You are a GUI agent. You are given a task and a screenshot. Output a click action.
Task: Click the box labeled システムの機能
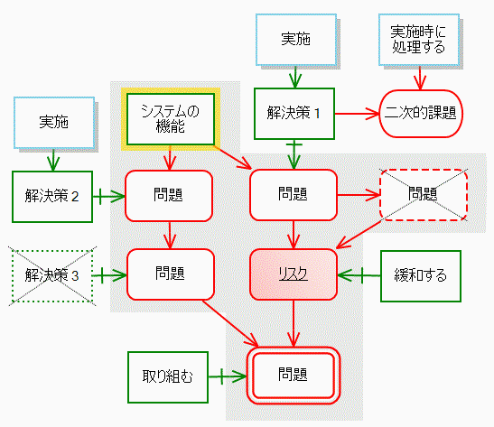click(171, 119)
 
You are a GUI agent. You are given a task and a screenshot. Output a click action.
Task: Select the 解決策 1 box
click(294, 114)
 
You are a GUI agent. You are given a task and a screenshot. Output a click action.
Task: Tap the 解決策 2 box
click(52, 197)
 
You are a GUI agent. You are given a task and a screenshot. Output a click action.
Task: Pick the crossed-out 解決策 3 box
click(52, 276)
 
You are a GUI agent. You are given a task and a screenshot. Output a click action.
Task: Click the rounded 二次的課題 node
click(421, 114)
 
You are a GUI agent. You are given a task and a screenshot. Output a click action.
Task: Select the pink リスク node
click(294, 274)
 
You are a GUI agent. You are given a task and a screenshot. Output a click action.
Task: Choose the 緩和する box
click(421, 276)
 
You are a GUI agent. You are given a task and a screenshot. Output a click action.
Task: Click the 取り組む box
click(168, 377)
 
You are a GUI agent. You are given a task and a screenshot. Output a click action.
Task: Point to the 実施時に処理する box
click(419, 40)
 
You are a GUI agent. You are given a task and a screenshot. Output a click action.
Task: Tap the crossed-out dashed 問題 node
click(424, 195)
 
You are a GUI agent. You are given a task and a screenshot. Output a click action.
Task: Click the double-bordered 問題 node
click(294, 376)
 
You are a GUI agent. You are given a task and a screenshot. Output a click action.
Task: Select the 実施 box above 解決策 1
click(296, 40)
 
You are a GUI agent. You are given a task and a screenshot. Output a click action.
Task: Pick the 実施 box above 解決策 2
click(54, 123)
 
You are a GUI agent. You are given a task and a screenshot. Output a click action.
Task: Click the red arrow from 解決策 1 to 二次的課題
click(357, 114)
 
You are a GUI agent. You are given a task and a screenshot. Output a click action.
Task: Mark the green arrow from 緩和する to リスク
click(359, 275)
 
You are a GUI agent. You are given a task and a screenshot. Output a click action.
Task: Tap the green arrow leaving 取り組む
click(228, 376)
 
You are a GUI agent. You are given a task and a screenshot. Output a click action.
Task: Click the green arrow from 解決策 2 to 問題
click(109, 197)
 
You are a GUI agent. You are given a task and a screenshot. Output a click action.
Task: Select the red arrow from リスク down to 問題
click(294, 323)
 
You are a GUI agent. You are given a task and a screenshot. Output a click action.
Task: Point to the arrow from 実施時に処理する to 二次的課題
click(420, 79)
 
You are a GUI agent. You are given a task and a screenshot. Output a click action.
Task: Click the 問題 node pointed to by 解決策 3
click(171, 274)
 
